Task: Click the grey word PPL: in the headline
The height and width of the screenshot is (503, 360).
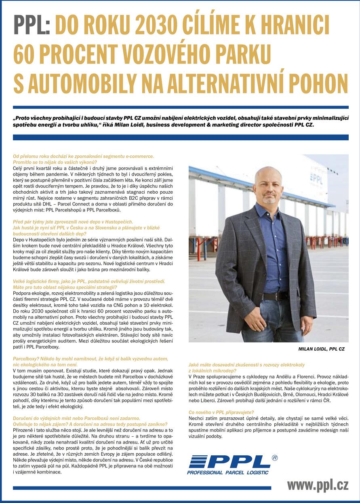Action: click(x=32, y=25)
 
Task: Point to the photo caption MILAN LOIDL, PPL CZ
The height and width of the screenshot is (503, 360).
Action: click(x=321, y=349)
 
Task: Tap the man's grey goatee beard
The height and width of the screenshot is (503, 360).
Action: click(x=269, y=200)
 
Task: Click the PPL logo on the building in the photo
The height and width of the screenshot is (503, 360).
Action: click(x=316, y=178)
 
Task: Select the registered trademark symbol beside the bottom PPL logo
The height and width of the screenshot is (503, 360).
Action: click(x=275, y=458)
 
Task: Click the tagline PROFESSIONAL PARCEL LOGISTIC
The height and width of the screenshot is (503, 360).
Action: click(x=227, y=472)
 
